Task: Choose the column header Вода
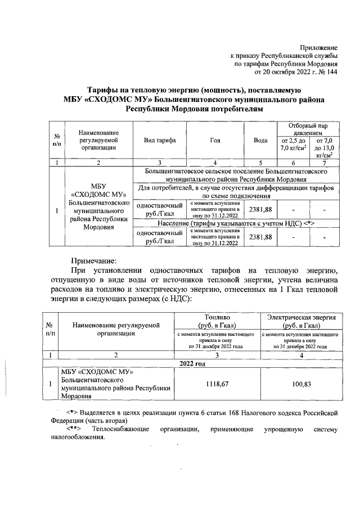260,140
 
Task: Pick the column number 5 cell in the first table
260,163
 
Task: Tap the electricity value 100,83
302,384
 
